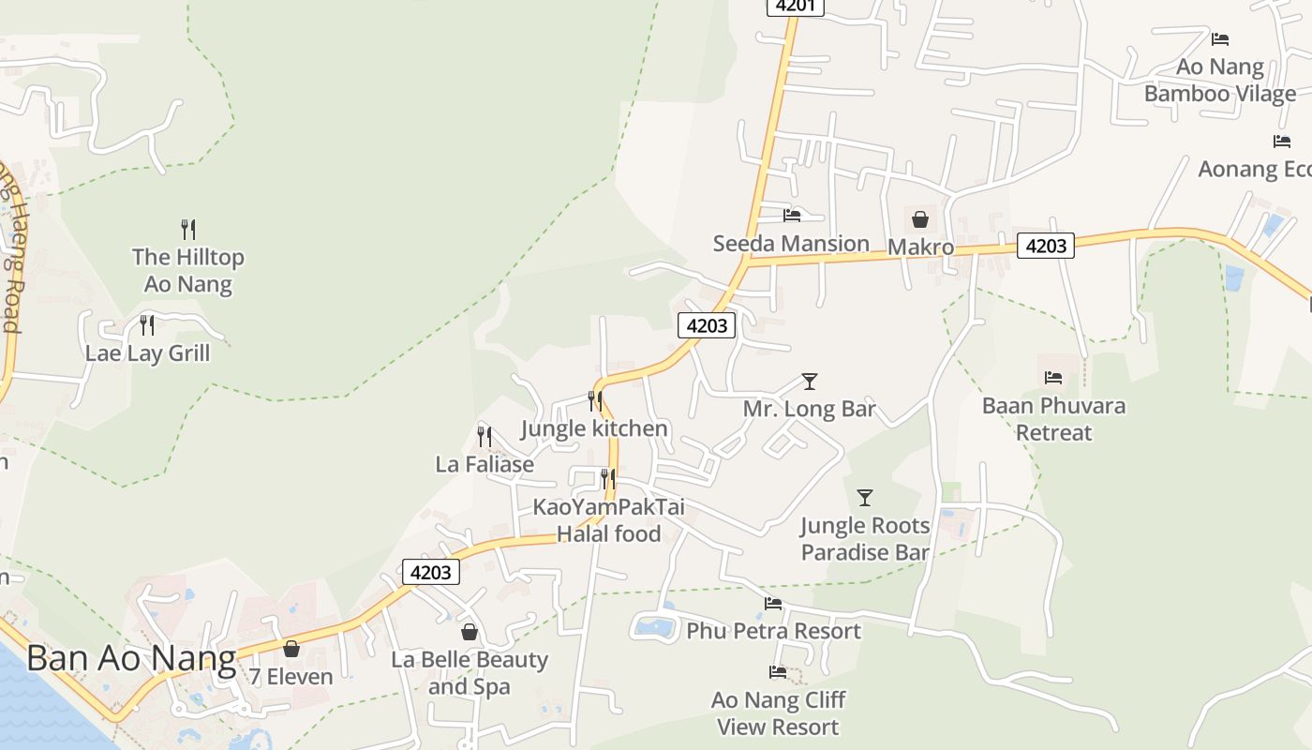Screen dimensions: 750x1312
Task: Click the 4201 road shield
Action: (796, 6)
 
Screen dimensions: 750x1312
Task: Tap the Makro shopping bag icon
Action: (920, 219)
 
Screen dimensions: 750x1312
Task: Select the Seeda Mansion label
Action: (791, 244)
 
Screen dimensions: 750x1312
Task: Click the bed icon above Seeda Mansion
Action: (792, 215)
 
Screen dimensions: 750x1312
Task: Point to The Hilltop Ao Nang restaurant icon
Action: (188, 229)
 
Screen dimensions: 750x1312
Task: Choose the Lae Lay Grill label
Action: (148, 353)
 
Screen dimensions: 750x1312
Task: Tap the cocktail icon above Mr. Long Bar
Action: (810, 382)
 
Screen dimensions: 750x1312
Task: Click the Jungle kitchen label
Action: (594, 428)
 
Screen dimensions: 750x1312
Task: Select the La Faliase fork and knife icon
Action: (485, 436)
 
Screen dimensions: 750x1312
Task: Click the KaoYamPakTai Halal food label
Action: (609, 520)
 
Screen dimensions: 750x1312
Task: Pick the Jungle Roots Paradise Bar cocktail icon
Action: (865, 497)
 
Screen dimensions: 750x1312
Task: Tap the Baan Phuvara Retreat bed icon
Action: (1053, 378)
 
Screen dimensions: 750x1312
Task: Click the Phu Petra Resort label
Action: (773, 631)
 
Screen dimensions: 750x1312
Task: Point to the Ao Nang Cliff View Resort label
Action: (778, 713)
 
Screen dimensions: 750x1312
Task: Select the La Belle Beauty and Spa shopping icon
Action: (470, 632)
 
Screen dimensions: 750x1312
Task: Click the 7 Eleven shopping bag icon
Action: (291, 649)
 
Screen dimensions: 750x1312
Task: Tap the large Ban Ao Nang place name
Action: (131, 658)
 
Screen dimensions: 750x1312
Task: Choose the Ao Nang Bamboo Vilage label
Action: (1220, 80)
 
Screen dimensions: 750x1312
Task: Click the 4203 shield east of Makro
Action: (1046, 246)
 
